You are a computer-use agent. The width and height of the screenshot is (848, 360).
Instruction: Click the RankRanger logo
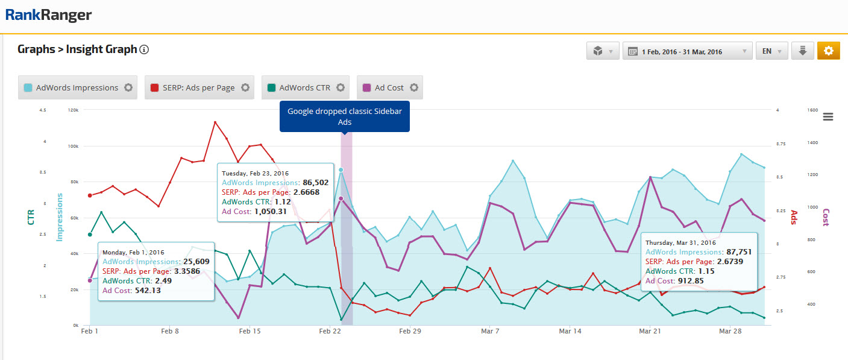pos(49,14)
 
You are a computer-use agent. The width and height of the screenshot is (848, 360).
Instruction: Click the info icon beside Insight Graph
pos(144,49)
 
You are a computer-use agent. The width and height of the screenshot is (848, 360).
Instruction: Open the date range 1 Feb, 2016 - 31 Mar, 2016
pos(687,51)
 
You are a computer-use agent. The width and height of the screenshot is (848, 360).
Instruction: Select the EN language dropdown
pos(771,51)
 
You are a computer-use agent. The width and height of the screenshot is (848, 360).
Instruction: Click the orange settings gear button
pos(828,51)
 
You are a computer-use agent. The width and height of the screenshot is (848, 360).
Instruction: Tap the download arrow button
pos(802,51)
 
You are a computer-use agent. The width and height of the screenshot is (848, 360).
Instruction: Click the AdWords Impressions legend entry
pos(77,87)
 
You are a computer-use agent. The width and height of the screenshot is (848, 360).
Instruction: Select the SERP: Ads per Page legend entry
pos(198,87)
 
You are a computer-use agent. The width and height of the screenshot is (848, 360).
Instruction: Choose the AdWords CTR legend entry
pos(305,87)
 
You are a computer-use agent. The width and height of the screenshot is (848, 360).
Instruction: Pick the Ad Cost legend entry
pos(389,87)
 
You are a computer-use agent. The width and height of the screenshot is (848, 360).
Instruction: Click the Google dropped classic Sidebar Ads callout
pos(344,116)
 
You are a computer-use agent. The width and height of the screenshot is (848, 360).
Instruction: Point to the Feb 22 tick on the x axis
pos(330,331)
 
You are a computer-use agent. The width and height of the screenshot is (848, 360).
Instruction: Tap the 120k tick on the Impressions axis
pos(73,110)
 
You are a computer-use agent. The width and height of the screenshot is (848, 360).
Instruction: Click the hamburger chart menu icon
pos(828,117)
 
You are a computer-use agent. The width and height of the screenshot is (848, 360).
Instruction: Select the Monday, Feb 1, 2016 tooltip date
pos(133,252)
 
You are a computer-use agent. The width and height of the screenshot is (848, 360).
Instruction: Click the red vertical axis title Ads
pos(794,217)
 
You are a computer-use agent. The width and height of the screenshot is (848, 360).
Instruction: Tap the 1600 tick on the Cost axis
pos(812,110)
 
